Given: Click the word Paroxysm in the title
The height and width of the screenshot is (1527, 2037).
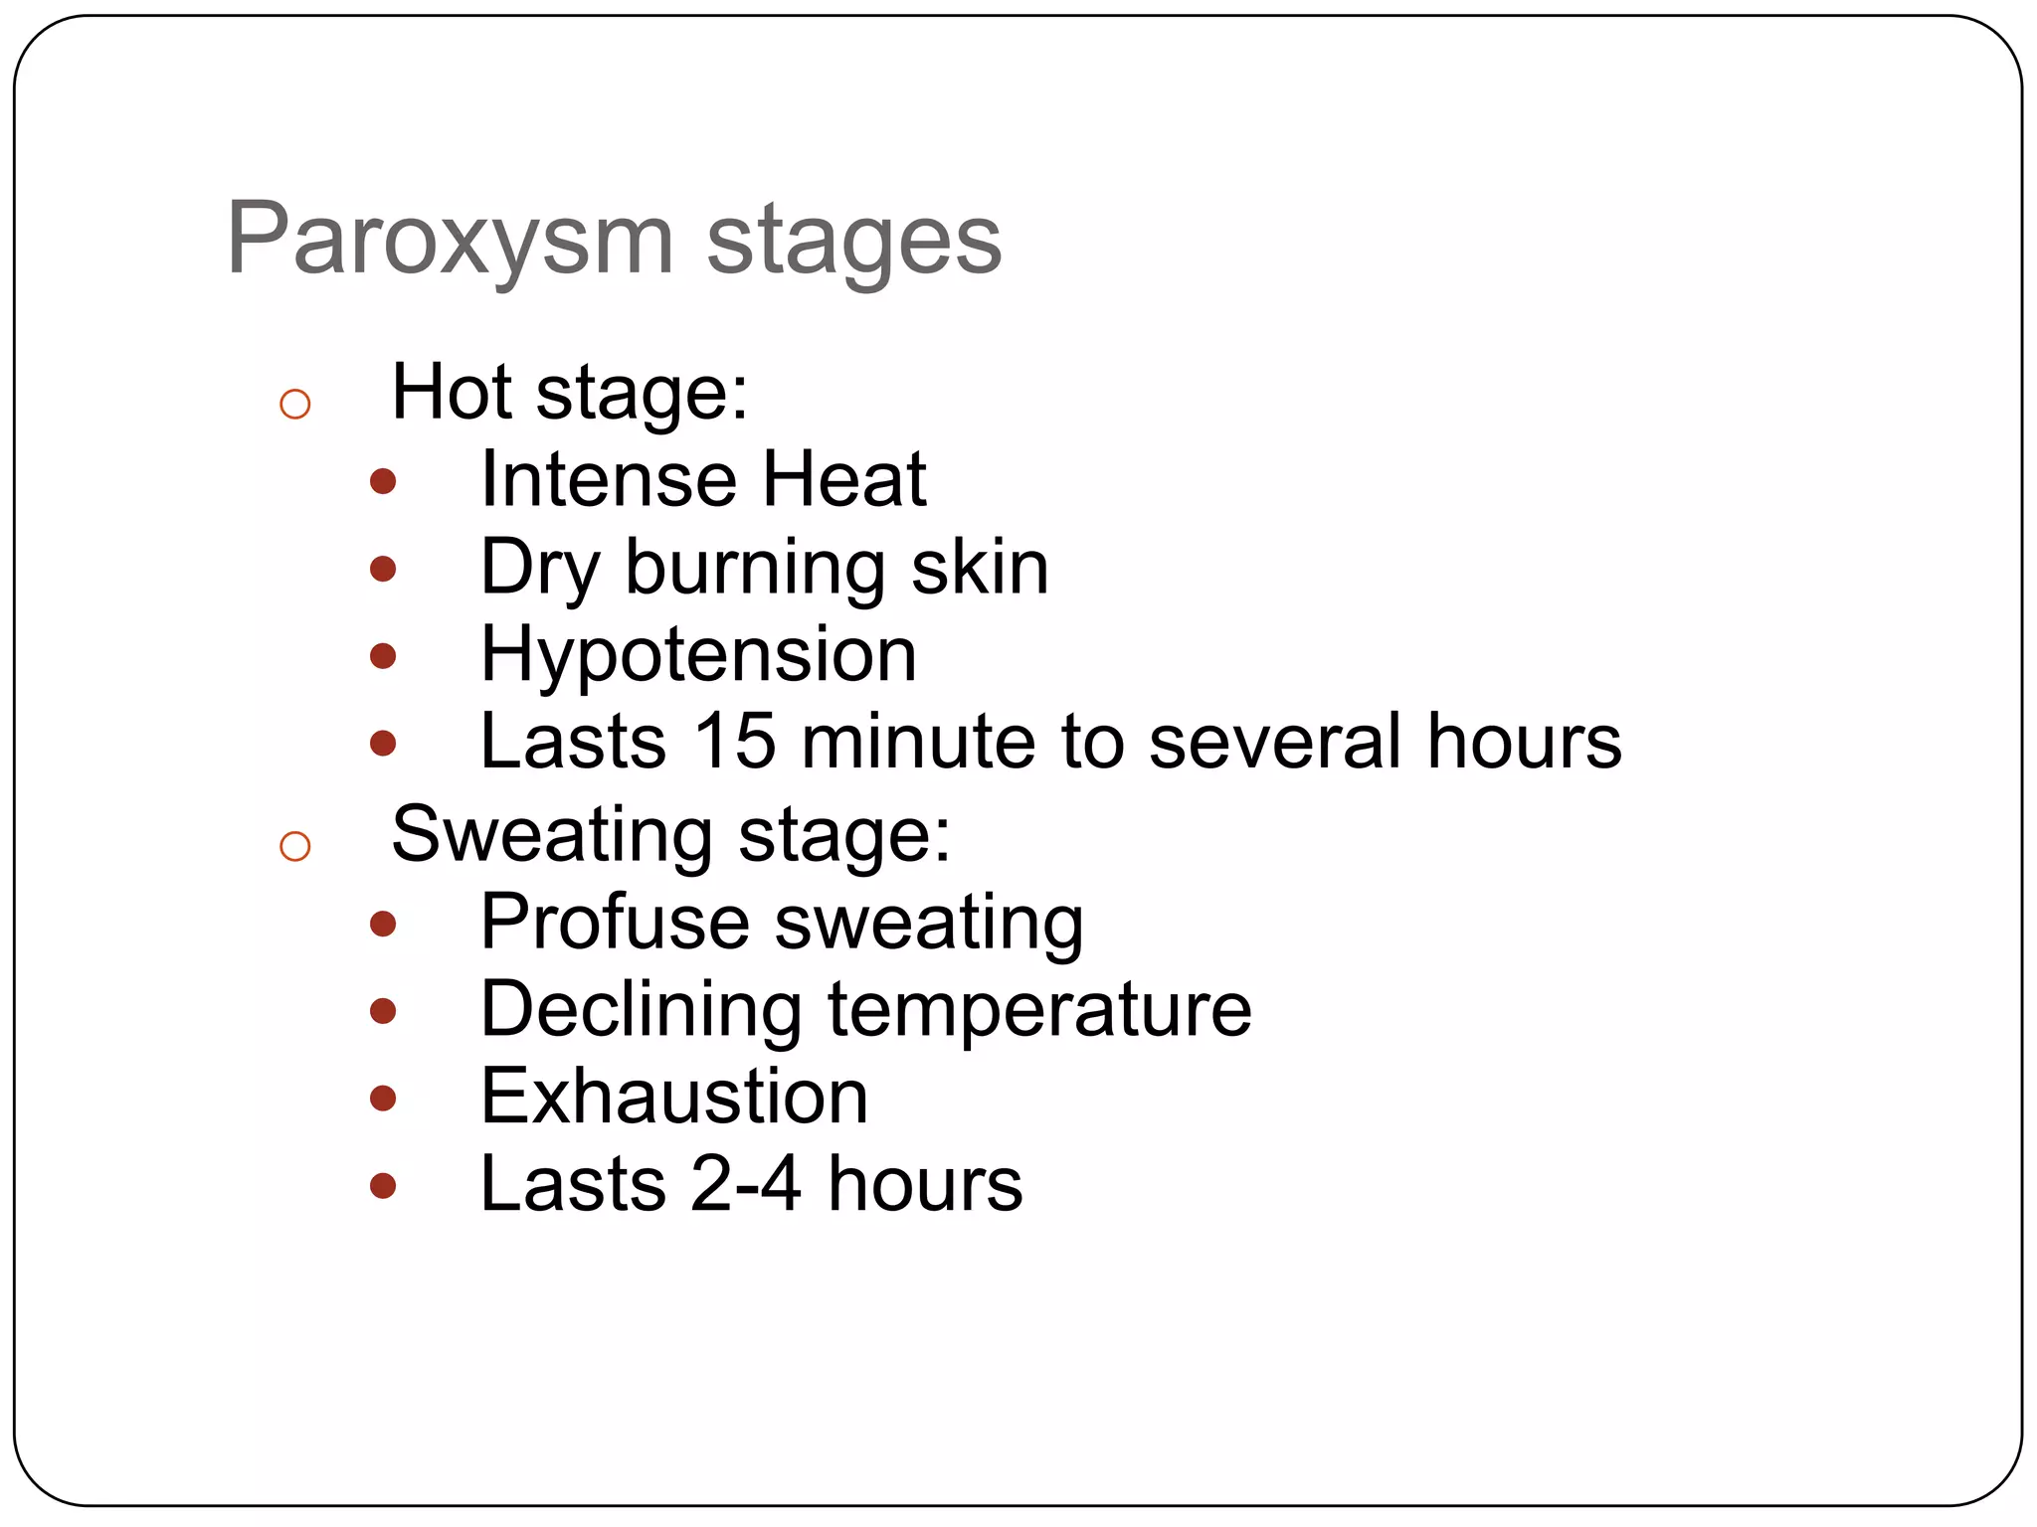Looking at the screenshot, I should (x=450, y=240).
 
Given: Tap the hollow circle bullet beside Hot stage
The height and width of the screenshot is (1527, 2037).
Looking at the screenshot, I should (x=295, y=404).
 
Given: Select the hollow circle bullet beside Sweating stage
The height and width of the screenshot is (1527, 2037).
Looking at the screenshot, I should (x=295, y=846).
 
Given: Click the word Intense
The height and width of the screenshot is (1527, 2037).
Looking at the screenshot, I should (x=608, y=480).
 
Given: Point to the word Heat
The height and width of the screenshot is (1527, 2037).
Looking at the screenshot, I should (x=844, y=480).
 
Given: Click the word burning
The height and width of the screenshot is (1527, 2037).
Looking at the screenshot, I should (x=755, y=568).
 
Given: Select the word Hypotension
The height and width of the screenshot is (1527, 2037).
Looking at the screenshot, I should (x=698, y=655).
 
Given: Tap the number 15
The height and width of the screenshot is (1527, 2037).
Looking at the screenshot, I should (x=734, y=742).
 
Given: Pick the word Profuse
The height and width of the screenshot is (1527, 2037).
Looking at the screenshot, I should (x=615, y=923).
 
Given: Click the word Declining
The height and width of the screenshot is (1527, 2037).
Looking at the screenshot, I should (x=642, y=1010).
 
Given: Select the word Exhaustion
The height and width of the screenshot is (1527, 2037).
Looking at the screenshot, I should (x=674, y=1097).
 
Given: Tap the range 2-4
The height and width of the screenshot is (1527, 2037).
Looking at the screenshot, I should (x=746, y=1184).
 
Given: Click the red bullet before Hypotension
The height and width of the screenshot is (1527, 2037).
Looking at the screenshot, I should (x=383, y=656).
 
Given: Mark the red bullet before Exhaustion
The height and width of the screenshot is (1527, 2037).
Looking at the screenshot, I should (x=383, y=1099).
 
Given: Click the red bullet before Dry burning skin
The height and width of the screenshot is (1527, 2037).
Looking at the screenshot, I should (x=383, y=569).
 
